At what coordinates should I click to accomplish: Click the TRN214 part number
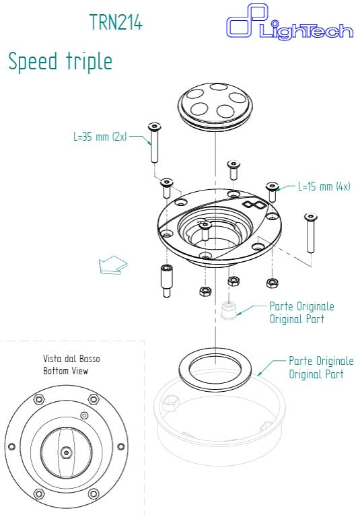click(116, 22)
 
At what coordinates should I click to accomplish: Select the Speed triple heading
click(60, 61)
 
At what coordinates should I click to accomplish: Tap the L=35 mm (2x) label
click(100, 137)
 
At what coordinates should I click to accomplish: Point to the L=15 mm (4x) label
click(324, 186)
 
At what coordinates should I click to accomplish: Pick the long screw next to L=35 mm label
click(155, 142)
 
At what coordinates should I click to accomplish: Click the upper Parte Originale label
click(301, 306)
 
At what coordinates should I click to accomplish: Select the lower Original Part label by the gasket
click(316, 374)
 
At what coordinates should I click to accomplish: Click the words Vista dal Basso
click(71, 359)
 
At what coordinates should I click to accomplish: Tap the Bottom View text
click(66, 370)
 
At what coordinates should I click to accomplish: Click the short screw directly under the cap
click(233, 169)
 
